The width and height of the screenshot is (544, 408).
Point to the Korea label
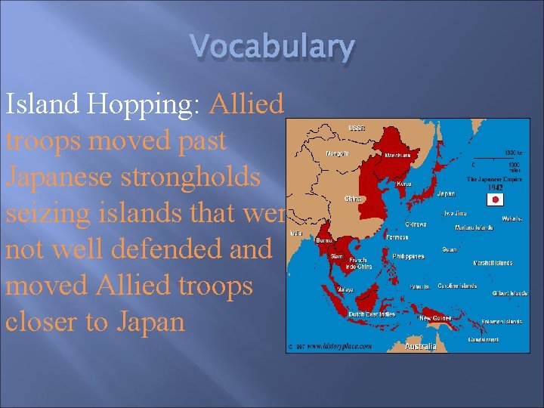coord(404,183)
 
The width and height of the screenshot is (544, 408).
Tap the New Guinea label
coord(436,318)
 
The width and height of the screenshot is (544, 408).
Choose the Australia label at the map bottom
coord(420,346)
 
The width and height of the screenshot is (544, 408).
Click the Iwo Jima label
coord(456,214)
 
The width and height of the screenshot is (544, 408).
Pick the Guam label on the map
coord(450,248)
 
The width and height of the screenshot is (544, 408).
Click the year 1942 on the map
coord(495,187)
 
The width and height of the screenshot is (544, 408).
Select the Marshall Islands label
coord(493,263)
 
